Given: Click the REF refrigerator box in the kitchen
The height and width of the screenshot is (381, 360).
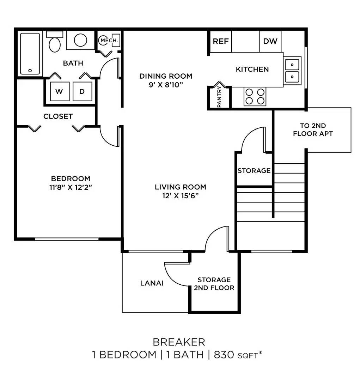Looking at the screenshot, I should click(221, 42).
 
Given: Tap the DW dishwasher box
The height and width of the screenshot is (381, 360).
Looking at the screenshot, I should click(270, 42).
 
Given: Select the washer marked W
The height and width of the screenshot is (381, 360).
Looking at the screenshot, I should click(59, 92).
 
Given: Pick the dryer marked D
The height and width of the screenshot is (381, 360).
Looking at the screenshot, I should click(82, 92).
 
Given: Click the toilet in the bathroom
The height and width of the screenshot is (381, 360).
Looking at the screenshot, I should click(55, 43).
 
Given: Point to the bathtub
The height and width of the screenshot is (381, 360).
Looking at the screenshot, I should click(30, 54).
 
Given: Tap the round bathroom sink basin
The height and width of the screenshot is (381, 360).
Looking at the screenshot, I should click(80, 40).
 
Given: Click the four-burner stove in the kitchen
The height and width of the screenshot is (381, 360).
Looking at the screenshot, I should click(255, 96).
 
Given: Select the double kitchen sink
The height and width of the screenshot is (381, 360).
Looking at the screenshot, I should click(292, 70).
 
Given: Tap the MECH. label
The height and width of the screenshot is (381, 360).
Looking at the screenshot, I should click(110, 41).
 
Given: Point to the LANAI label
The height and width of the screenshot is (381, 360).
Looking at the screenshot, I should click(152, 283).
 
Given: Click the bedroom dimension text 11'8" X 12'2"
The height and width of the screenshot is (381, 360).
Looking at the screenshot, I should click(71, 188).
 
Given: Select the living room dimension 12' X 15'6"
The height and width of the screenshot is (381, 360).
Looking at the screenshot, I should click(181, 196).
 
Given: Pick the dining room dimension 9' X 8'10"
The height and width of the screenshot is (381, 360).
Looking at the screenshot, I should click(166, 85).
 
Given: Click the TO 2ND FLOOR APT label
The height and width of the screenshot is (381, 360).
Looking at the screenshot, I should click(313, 129).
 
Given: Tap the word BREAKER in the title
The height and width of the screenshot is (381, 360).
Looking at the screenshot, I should click(179, 342).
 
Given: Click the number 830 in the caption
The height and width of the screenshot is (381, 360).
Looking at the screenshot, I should click(222, 355).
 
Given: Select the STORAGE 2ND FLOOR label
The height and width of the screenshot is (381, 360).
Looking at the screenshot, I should click(214, 284).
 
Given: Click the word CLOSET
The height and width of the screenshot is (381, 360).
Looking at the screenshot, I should click(58, 116).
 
